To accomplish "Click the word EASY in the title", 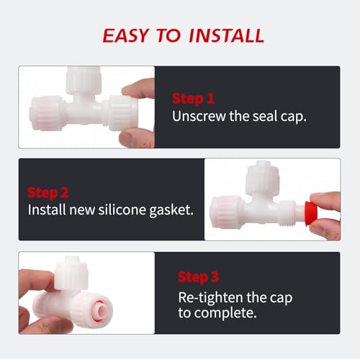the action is pyautogui.click(x=125, y=35).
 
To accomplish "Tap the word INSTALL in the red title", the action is pyautogui.click(x=227, y=35).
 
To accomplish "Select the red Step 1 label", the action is pyautogui.click(x=194, y=99).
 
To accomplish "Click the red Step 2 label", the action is pyautogui.click(x=48, y=193).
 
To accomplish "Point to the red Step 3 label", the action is pyautogui.click(x=199, y=277).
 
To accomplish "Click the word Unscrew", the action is pyautogui.click(x=199, y=116).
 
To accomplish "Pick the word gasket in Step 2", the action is pyautogui.click(x=171, y=210).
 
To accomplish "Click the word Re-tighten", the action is pyautogui.click(x=211, y=298).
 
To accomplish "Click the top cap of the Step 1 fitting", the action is pyautogui.click(x=84, y=80).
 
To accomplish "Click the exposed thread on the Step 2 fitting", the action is pyautogui.click(x=287, y=214).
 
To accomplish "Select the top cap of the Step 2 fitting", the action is pyautogui.click(x=262, y=178).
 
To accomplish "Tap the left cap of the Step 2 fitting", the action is pyautogui.click(x=226, y=212).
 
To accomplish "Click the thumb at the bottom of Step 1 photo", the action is pyautogui.click(x=137, y=138).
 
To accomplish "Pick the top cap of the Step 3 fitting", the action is pyautogui.click(x=71, y=273).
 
